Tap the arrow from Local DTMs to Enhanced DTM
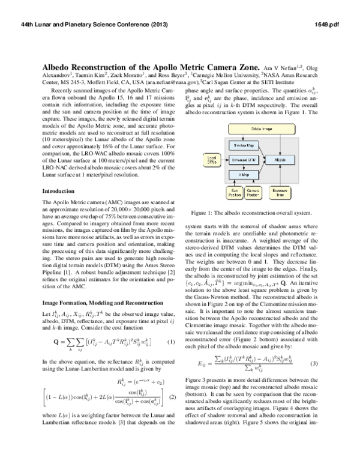point(223,160)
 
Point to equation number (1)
point(170,342)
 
